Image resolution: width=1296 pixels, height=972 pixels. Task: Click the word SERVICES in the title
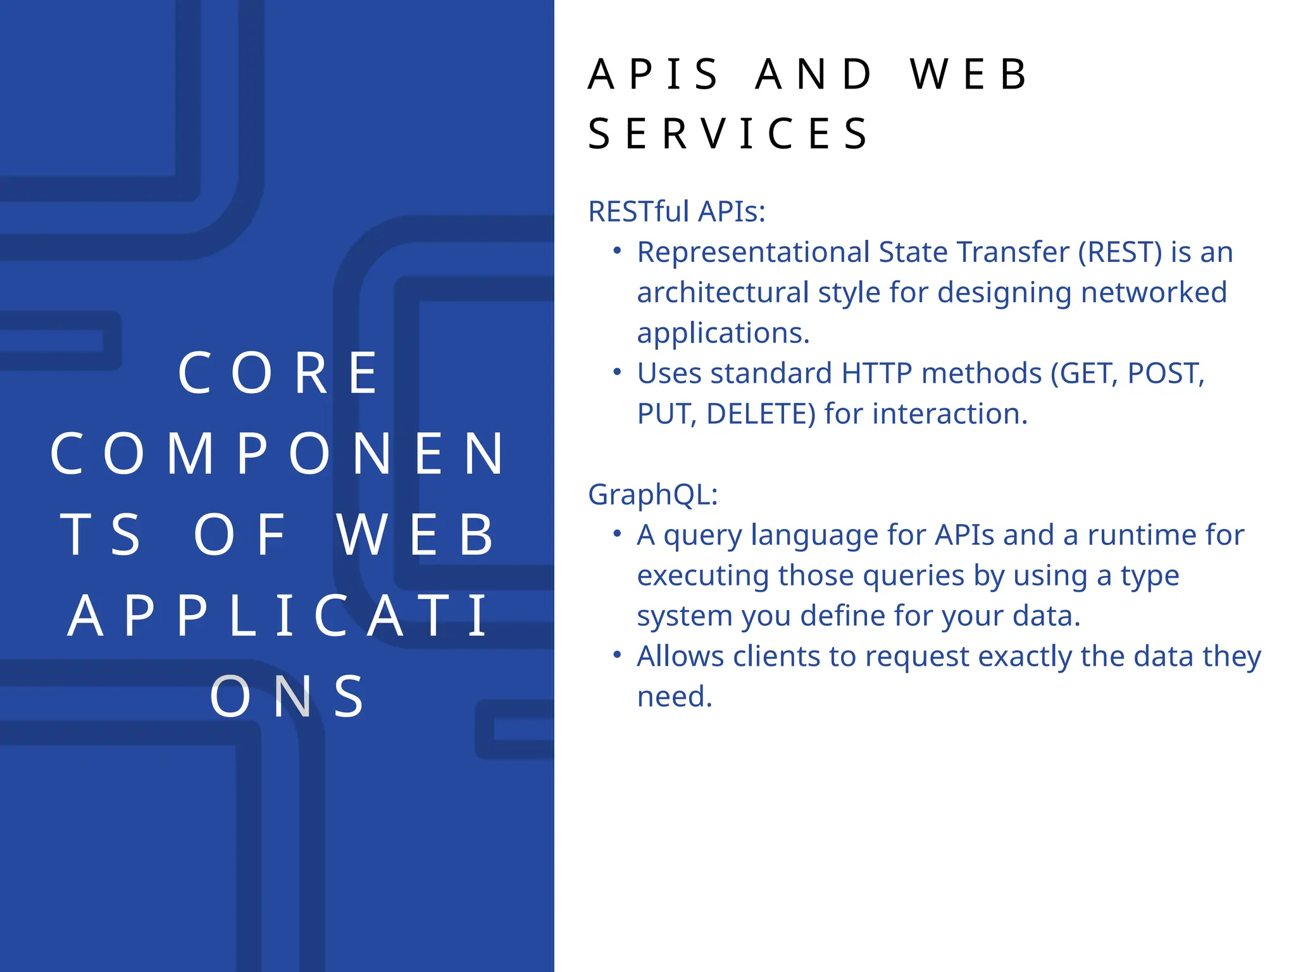(x=728, y=134)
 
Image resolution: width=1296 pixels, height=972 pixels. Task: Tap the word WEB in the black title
(x=969, y=75)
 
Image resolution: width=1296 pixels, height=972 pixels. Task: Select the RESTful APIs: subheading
(x=676, y=211)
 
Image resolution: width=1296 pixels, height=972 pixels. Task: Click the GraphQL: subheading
(x=652, y=494)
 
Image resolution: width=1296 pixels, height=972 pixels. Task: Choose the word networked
(x=1154, y=292)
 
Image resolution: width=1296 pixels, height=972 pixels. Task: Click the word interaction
(x=950, y=414)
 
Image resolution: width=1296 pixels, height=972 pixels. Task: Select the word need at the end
(x=675, y=697)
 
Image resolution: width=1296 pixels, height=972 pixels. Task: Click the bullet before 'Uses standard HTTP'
(x=617, y=372)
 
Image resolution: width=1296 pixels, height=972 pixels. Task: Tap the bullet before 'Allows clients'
(x=617, y=655)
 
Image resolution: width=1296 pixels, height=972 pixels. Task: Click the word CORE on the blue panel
(x=278, y=373)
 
